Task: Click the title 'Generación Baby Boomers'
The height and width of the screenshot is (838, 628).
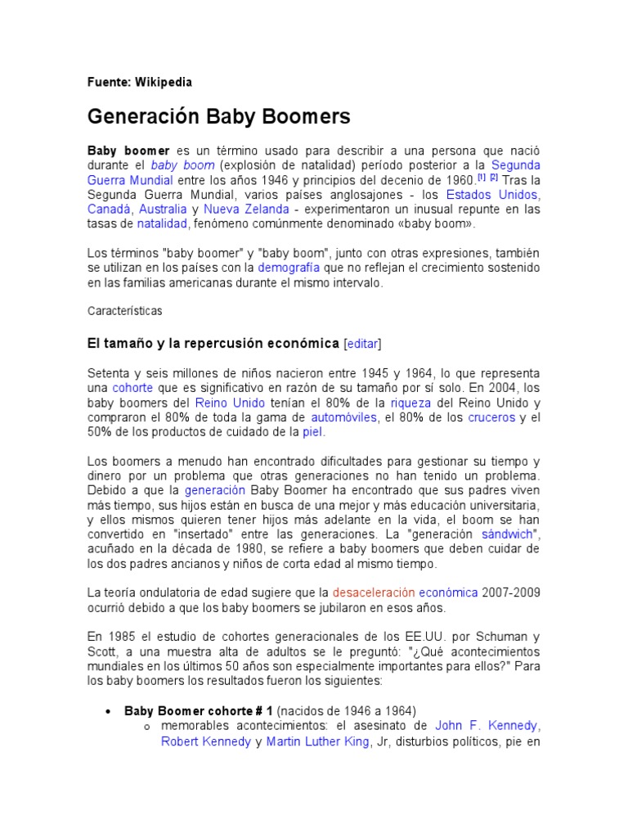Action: tap(218, 117)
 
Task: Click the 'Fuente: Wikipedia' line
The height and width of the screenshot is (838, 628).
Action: tap(139, 82)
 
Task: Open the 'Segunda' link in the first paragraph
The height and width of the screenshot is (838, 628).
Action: tap(515, 164)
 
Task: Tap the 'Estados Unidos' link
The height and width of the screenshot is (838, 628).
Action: tap(491, 195)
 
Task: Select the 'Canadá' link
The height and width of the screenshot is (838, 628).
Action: tap(110, 209)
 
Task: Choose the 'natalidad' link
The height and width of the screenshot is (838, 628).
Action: tap(162, 223)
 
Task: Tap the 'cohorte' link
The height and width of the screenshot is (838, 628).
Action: tap(132, 388)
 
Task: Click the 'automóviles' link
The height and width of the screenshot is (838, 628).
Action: tap(343, 417)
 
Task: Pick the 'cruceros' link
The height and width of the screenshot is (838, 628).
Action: tap(491, 417)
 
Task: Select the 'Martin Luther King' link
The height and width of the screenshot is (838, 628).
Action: tap(318, 742)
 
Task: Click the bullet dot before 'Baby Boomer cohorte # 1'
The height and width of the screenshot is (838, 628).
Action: tap(108, 710)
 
